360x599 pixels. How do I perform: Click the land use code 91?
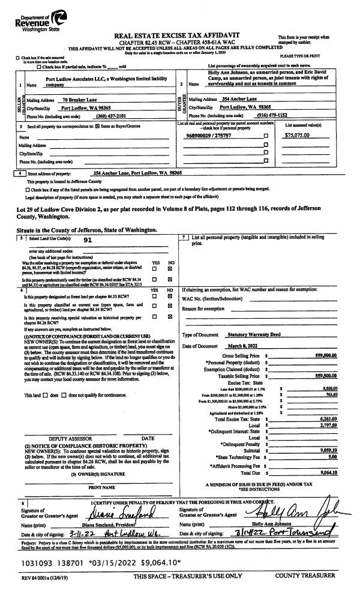click(x=88, y=238)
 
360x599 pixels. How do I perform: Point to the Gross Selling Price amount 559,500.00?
click(x=311, y=356)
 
